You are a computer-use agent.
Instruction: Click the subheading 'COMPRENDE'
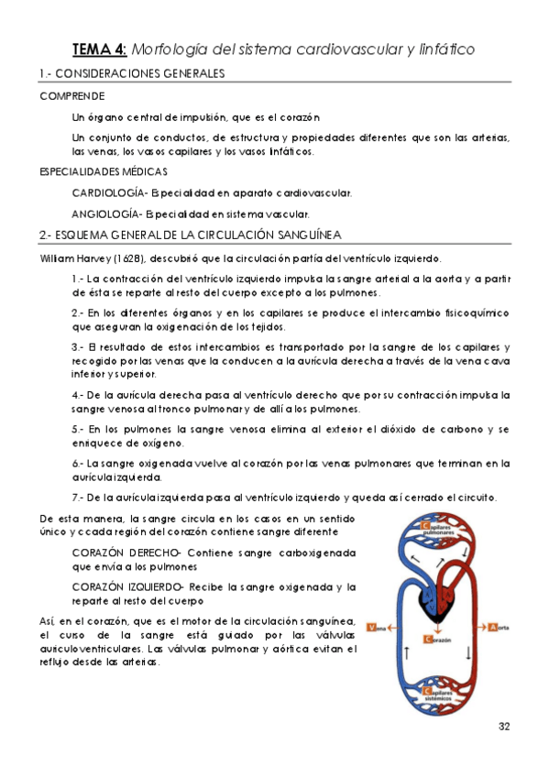pyautogui.click(x=71, y=95)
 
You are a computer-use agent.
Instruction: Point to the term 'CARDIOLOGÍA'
pyautogui.click(x=109, y=192)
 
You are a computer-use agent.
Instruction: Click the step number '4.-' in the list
pyautogui.click(x=78, y=393)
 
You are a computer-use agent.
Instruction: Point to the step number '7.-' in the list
pyautogui.click(x=78, y=498)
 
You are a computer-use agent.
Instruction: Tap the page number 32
pyautogui.click(x=503, y=727)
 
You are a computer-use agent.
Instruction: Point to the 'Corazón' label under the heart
pyautogui.click(x=438, y=640)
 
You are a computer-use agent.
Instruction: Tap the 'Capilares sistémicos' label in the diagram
pyautogui.click(x=439, y=696)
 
